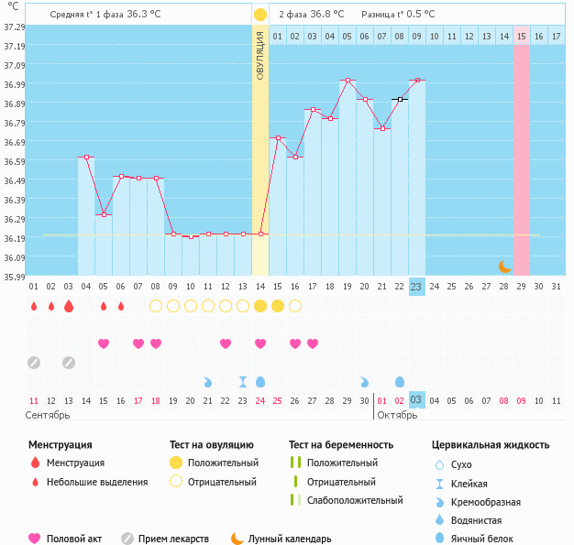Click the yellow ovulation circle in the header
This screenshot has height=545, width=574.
click(x=260, y=15)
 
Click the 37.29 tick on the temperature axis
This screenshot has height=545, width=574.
click(x=14, y=27)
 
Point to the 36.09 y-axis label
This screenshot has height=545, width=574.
click(x=14, y=257)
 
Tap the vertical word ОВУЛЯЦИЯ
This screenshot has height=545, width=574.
click(x=260, y=55)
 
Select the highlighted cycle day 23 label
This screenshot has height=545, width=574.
click(x=416, y=287)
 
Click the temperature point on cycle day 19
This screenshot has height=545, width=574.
click(x=347, y=81)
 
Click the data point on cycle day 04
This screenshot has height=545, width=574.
click(x=86, y=158)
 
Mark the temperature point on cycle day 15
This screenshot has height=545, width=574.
click(x=278, y=138)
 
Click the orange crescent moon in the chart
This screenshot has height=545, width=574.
click(x=504, y=266)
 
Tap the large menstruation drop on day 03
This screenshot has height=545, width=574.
click(x=68, y=306)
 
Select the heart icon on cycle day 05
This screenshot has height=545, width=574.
click(x=104, y=343)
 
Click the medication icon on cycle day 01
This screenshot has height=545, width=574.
click(x=34, y=363)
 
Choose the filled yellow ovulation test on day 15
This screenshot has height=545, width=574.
click(x=278, y=306)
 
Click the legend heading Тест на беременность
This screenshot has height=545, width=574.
click(x=340, y=445)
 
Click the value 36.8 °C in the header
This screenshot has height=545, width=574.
click(x=327, y=15)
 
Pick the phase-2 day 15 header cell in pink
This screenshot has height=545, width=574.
click(x=521, y=36)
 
